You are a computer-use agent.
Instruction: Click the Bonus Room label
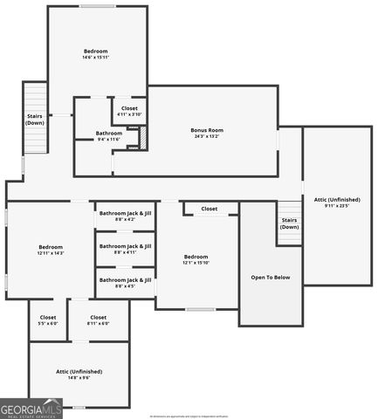[207, 130]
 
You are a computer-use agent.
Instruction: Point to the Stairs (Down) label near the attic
[290, 223]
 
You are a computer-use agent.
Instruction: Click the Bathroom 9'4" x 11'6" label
[109, 135]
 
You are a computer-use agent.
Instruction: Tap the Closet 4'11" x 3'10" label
[129, 111]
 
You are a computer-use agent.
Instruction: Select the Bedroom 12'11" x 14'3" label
[51, 249]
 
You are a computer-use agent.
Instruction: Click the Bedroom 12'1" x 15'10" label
[196, 258]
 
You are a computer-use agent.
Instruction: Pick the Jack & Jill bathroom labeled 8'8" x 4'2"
[125, 216]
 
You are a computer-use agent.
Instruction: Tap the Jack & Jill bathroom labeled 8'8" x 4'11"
[125, 249]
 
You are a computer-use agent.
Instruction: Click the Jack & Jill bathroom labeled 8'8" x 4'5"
[125, 282]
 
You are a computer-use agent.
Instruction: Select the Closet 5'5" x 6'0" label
[48, 319]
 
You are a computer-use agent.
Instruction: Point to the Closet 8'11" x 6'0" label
[98, 319]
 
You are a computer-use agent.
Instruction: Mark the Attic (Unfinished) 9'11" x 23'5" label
[337, 203]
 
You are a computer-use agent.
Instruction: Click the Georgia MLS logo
[31, 409]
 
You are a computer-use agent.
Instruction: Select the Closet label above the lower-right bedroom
[210, 209]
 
